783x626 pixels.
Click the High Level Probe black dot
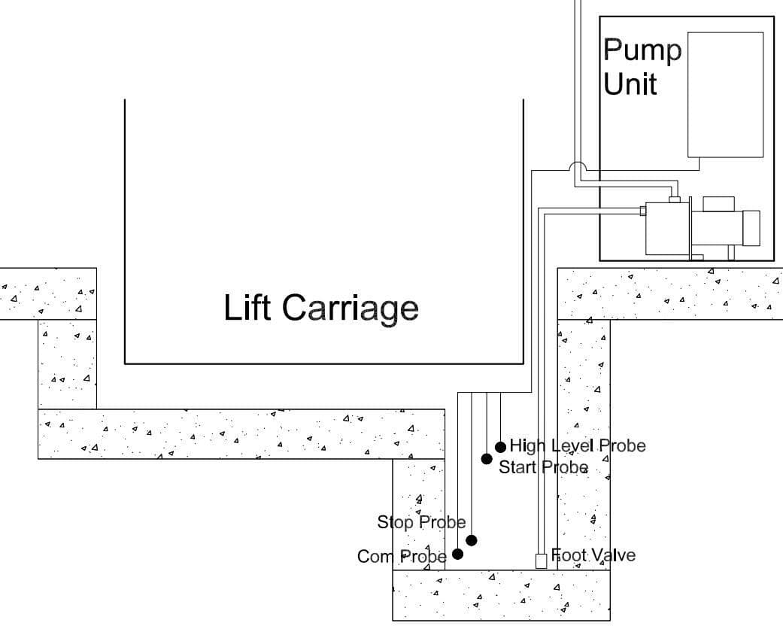[x=500, y=447]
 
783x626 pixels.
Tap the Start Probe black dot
[x=487, y=459]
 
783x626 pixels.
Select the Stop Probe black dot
[x=472, y=540]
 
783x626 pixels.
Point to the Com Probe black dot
[x=457, y=554]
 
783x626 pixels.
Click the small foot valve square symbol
[x=540, y=561]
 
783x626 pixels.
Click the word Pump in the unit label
[x=642, y=51]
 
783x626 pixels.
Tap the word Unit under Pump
[x=630, y=83]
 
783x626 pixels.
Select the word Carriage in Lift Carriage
[x=350, y=308]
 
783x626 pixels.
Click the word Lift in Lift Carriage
[x=249, y=307]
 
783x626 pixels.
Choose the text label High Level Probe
[x=577, y=445]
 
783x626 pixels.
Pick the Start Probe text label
[x=543, y=467]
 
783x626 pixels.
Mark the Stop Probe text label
[x=421, y=521]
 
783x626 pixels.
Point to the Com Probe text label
[x=402, y=556]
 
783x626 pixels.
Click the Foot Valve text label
[x=593, y=555]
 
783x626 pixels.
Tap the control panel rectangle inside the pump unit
[x=725, y=94]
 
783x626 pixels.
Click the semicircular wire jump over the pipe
[x=577, y=167]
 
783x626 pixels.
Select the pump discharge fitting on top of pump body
[x=674, y=199]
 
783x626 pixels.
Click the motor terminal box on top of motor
[x=718, y=203]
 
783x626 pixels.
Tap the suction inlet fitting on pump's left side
[x=643, y=211]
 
